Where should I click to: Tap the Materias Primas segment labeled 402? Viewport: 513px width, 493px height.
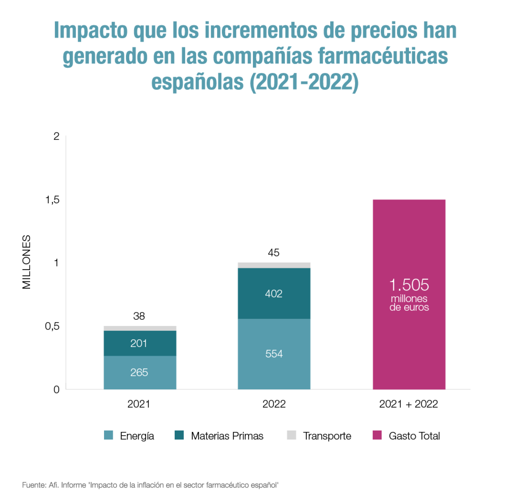(274, 293)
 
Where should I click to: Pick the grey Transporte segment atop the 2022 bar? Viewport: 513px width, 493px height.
(274, 265)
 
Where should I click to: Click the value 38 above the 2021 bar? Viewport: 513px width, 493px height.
(139, 316)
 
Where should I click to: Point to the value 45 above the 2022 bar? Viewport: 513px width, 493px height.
(274, 253)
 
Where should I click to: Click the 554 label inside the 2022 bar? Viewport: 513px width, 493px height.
(274, 354)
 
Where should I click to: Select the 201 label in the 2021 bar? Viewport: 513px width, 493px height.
(139, 343)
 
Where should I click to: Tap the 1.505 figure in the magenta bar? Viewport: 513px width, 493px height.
(409, 285)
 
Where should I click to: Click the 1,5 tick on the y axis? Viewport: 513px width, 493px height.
(52, 200)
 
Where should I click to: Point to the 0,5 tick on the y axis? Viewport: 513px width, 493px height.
(52, 326)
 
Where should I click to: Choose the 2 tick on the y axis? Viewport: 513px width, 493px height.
(56, 136)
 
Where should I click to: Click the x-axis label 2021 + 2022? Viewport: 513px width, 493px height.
(408, 404)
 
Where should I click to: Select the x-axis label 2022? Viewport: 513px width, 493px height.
(274, 404)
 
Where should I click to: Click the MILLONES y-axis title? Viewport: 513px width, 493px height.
(26, 262)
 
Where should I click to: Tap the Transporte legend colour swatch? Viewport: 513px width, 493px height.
(291, 435)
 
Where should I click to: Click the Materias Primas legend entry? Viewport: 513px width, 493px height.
(227, 436)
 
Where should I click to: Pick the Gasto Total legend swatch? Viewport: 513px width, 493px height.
(377, 435)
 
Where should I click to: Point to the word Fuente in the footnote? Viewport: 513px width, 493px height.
(34, 485)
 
